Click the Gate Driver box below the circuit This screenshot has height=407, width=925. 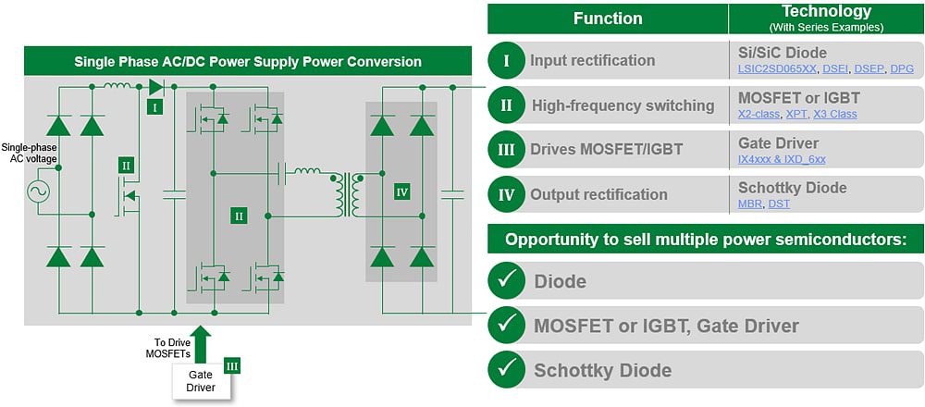201,381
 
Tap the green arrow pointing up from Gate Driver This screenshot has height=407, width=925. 202,340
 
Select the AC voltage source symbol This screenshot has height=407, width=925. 40,192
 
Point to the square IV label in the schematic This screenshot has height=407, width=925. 401,191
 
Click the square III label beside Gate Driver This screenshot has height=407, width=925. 232,366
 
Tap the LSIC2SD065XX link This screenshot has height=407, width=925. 778,69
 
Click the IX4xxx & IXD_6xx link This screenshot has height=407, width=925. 782,159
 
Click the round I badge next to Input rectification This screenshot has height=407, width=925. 506,61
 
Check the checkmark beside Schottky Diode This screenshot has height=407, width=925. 506,370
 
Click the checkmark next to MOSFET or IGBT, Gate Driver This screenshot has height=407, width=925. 506,325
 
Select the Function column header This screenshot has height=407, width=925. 608,18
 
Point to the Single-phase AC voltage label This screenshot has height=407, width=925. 30,154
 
